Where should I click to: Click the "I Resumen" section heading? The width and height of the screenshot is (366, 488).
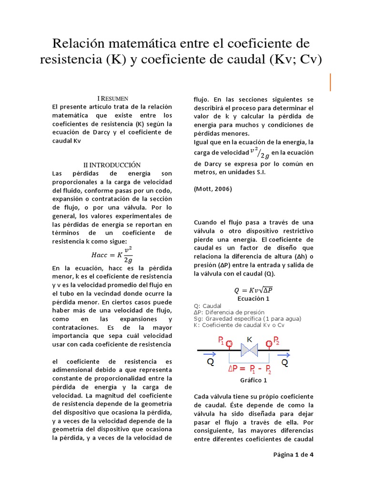pos(112,98)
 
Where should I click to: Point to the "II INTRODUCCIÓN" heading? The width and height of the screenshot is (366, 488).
pos(112,164)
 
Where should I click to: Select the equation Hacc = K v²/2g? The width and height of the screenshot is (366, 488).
pos(112,254)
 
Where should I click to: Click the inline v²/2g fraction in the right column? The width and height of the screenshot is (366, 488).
pos(260,153)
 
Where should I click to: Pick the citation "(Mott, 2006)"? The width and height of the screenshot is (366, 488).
pos(213,189)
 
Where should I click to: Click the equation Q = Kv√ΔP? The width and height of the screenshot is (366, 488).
pos(253,290)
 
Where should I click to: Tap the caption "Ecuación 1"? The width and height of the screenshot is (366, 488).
pos(254,299)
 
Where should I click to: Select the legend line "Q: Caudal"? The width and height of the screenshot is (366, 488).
pos(208,306)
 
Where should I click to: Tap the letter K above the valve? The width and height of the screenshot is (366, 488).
pos(249,339)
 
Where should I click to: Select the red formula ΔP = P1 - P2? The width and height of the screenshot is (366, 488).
pos(249,369)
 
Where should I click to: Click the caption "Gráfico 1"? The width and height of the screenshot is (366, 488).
pos(254,381)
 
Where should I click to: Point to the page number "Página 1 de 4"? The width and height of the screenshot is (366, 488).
pos(293,454)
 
